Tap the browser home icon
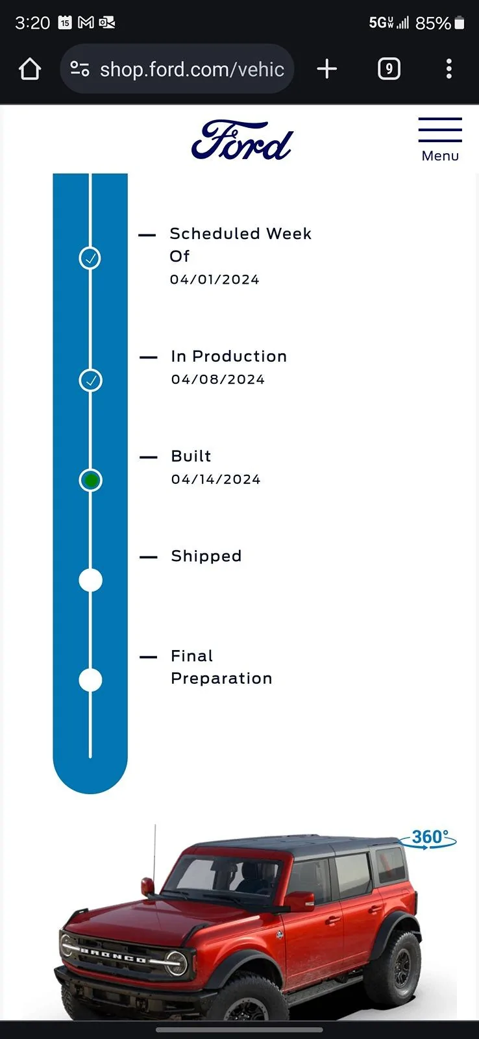(30, 69)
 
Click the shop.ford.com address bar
(177, 69)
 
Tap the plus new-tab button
(327, 69)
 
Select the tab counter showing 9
(389, 69)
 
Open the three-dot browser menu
(449, 69)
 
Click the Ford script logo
(242, 140)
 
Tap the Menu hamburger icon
(440, 130)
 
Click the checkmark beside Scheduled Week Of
(90, 258)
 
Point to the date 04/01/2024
(215, 280)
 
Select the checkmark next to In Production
(90, 381)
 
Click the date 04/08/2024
(218, 379)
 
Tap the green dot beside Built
(90, 480)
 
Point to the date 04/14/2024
(216, 479)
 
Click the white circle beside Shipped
(90, 581)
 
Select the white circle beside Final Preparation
(90, 680)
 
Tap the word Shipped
(206, 556)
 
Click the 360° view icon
(428, 838)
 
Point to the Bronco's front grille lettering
(114, 955)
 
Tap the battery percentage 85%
(433, 23)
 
